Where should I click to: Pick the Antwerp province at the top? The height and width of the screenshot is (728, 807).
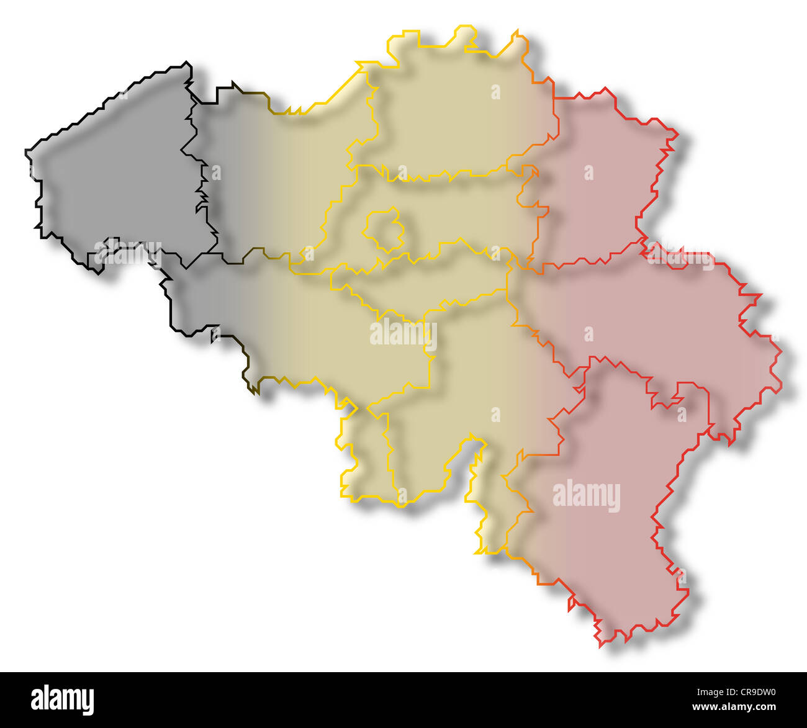click(453, 112)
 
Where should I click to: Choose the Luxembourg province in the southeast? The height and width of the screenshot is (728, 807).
click(608, 497)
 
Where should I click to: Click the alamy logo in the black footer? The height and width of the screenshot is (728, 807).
click(63, 699)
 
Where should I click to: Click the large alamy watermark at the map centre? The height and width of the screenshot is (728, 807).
click(403, 334)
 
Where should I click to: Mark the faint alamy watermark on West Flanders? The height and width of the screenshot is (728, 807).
click(127, 251)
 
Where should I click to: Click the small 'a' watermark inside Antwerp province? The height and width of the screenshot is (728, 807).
click(495, 92)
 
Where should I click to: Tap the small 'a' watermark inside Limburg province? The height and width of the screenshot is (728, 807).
click(588, 172)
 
